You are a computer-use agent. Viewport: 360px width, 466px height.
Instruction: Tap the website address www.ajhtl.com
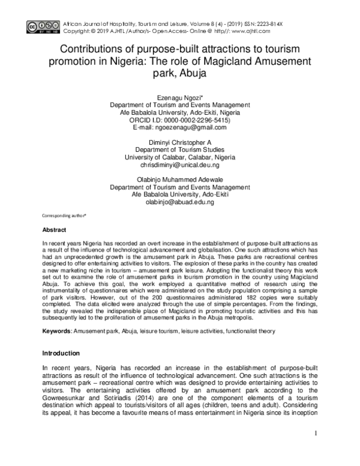tap(248, 30)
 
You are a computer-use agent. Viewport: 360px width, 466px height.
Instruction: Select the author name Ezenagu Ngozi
tap(180, 96)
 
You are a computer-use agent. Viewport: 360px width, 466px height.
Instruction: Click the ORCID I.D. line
tap(180, 120)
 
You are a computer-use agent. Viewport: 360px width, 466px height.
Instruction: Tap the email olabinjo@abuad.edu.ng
tap(180, 203)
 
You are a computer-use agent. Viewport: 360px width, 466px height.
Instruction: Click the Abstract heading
tap(54, 230)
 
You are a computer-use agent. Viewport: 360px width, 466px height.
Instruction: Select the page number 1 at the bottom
tap(316, 433)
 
